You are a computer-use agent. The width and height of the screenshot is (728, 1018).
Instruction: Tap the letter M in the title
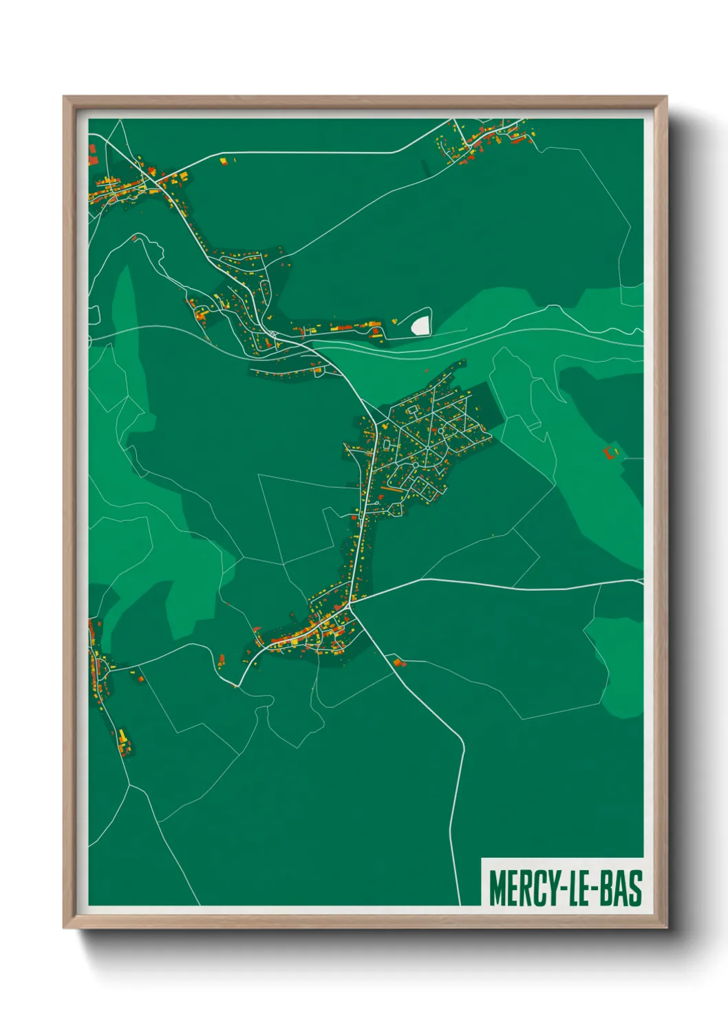pos(495,888)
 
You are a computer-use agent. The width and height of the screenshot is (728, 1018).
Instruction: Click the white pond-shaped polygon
pos(420,324)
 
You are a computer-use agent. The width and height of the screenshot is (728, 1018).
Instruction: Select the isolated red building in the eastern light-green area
pos(608,452)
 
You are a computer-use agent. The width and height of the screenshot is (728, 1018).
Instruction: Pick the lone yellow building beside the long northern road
pos(223,161)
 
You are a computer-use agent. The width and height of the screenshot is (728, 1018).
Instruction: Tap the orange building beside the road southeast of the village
pos(397,662)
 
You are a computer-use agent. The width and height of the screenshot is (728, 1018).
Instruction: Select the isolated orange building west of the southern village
pos(221,662)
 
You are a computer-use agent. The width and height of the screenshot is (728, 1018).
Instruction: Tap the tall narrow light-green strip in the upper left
pos(124,303)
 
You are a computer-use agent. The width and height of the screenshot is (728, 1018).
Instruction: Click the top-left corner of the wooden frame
pos(64,97)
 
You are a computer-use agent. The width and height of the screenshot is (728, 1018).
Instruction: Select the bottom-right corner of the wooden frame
pos(666,927)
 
